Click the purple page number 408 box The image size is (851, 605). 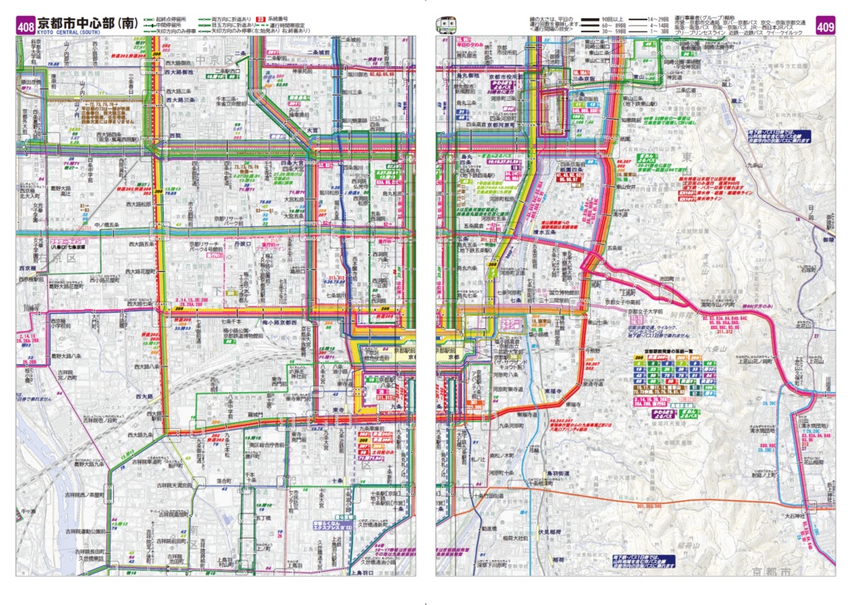tap(25, 27)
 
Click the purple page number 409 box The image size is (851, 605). tap(824, 27)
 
